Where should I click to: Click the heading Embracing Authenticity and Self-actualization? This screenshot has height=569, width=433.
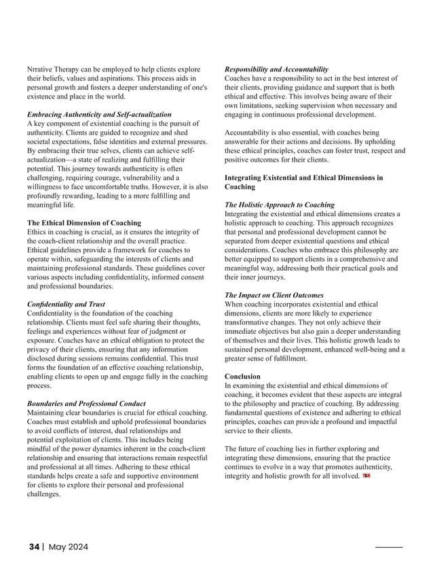99,114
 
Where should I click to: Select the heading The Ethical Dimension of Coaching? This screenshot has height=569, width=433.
83,222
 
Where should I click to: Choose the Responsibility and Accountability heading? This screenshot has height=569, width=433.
276,69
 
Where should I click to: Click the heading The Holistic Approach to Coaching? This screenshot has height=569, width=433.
279,205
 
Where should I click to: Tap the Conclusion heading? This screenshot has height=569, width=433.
242,376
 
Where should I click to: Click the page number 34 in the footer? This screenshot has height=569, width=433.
35,547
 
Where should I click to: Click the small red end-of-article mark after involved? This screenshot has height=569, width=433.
367,477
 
